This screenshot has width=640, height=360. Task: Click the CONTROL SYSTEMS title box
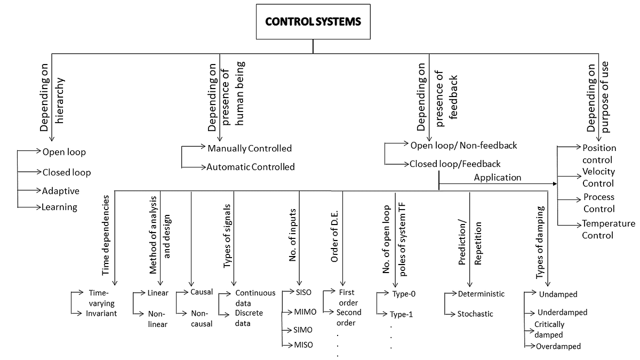(313, 22)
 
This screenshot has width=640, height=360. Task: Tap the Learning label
(59, 207)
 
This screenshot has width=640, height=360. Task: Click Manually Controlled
(250, 148)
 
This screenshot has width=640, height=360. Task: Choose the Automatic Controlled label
(251, 167)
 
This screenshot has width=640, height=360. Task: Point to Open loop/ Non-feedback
(463, 145)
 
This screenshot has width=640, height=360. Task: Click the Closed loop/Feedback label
(455, 164)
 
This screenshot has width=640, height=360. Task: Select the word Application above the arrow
(497, 178)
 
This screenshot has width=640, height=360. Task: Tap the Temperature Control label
(608, 229)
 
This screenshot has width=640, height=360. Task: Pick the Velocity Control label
(598, 178)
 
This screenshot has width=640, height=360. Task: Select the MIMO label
(306, 311)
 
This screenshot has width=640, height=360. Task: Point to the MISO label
(303, 345)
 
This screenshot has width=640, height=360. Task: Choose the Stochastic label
(475, 314)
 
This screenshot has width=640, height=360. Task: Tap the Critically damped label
(549, 330)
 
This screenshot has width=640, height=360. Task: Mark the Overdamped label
(559, 346)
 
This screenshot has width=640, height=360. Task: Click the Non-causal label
(202, 319)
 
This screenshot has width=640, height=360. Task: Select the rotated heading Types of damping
(539, 242)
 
